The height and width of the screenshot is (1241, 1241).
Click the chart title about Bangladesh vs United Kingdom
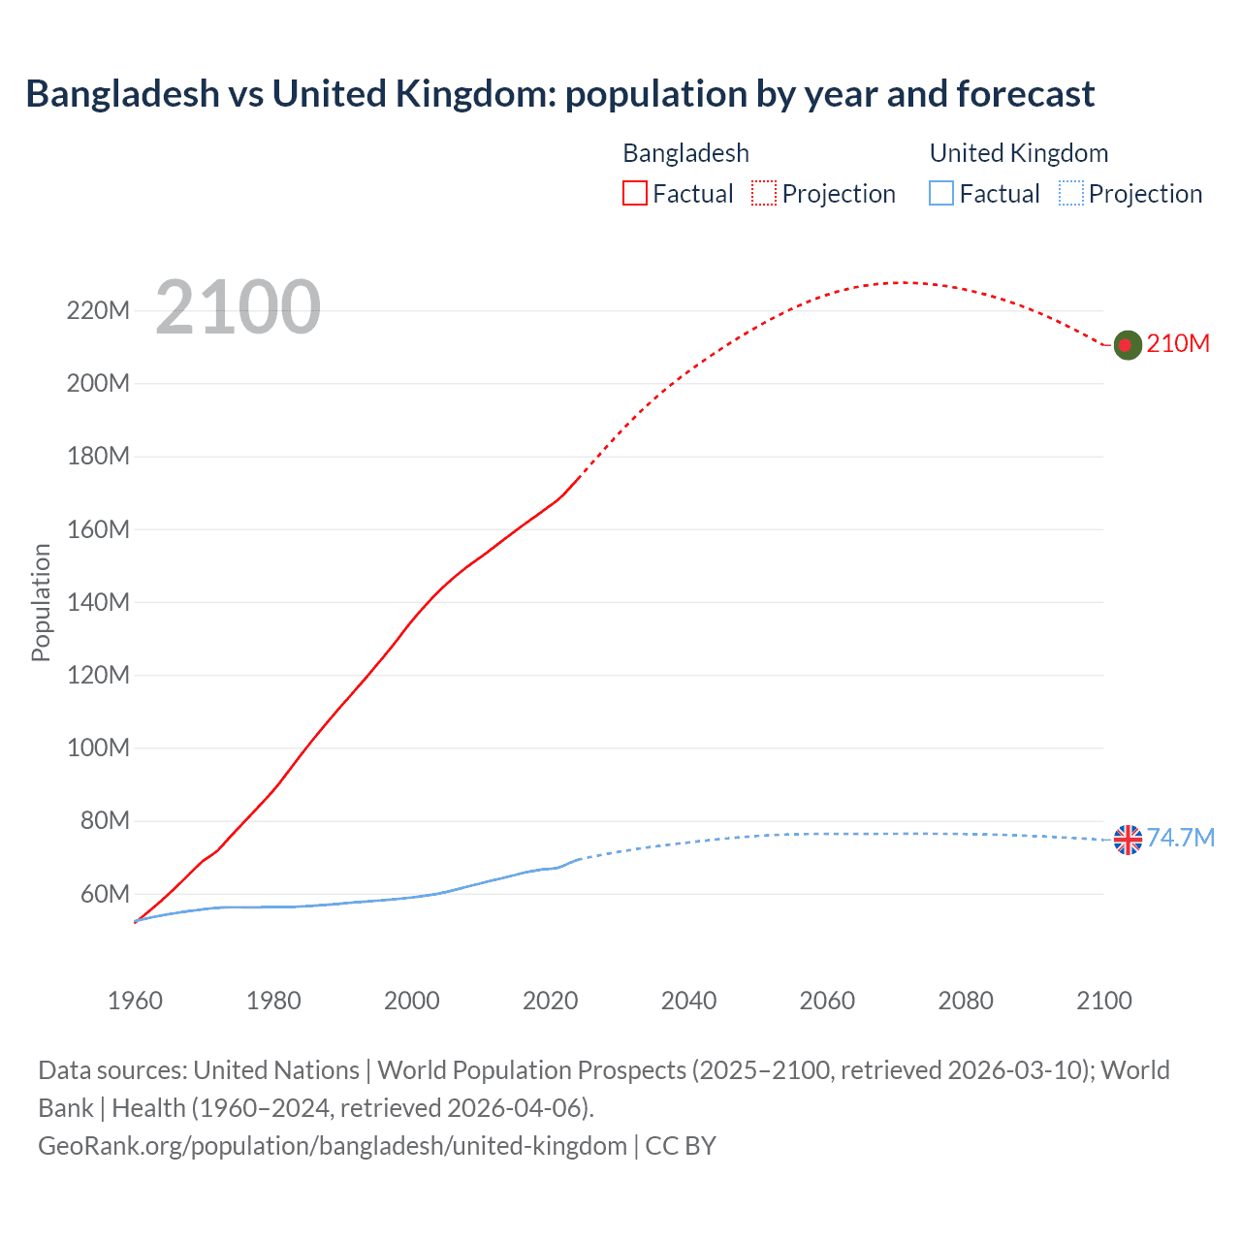(559, 94)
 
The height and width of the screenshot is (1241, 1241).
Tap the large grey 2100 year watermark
(238, 307)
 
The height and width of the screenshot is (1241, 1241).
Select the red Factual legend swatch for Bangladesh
(635, 193)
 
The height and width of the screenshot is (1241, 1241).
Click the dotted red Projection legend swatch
(764, 193)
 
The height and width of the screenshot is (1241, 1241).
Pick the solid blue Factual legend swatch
(941, 193)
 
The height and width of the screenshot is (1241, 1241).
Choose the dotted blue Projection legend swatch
(1070, 193)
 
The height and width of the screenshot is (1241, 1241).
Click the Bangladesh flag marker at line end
(1127, 344)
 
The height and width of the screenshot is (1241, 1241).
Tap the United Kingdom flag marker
(1128, 840)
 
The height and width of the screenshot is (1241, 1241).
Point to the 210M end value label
(1178, 344)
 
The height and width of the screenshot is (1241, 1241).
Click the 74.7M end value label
(1181, 838)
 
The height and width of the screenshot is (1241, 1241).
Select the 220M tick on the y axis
(98, 311)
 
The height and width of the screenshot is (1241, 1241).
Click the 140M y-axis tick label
(98, 602)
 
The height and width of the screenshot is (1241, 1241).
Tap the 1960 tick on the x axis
(135, 1001)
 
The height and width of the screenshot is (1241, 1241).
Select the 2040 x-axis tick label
(688, 1001)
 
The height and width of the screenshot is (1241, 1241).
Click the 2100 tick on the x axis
(1103, 1001)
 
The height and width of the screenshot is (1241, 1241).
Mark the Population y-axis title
(41, 602)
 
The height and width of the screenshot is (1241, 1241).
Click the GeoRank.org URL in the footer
(332, 1146)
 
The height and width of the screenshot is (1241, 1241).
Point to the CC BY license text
(681, 1146)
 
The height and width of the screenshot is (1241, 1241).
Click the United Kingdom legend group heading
(1018, 153)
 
